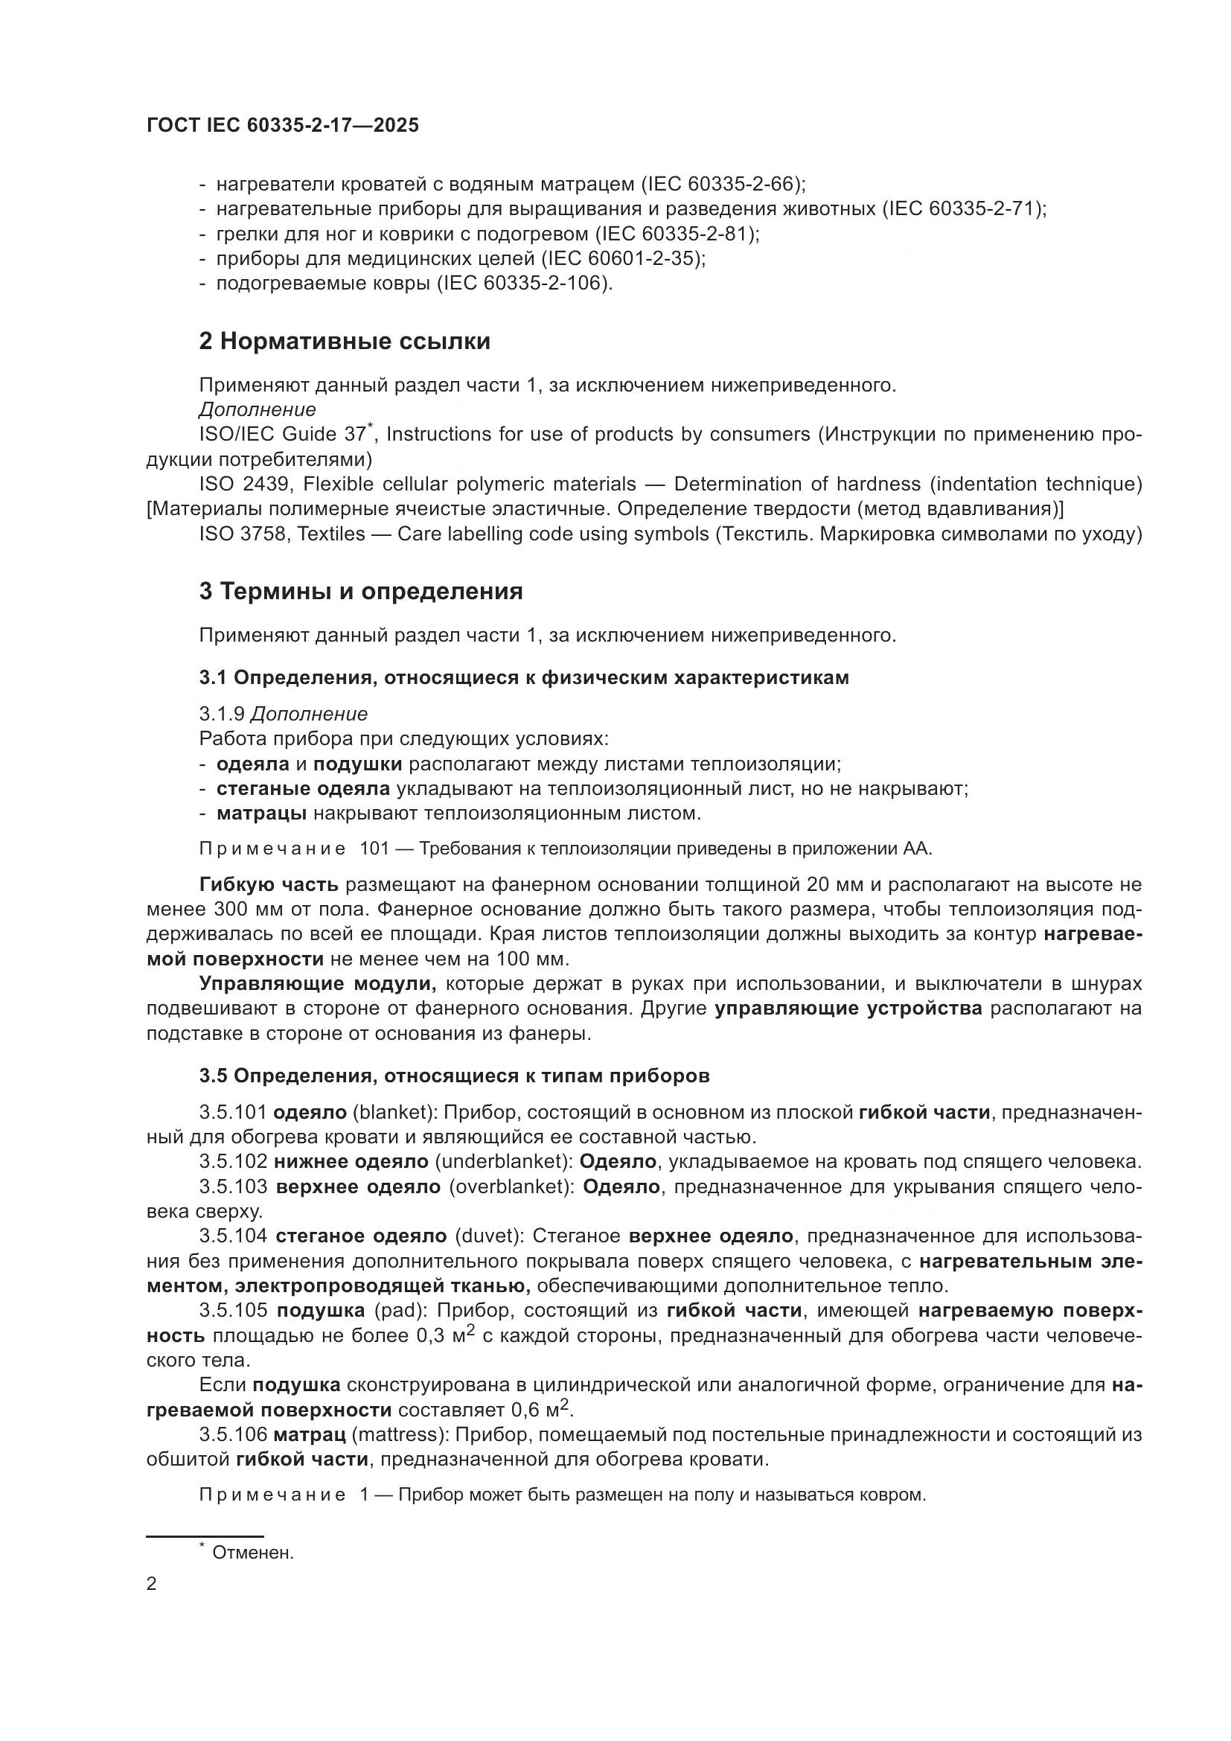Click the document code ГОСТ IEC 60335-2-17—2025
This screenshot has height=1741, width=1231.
282,126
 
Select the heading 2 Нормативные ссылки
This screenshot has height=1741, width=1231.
344,342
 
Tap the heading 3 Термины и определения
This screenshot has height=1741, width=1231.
361,592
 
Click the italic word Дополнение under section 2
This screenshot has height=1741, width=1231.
257,410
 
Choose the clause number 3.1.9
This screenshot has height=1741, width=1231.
221,715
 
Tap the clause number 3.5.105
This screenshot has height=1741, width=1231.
234,1311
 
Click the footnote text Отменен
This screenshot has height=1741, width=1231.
252,1553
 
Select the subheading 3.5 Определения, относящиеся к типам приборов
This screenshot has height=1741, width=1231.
454,1076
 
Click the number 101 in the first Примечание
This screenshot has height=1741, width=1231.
374,849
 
